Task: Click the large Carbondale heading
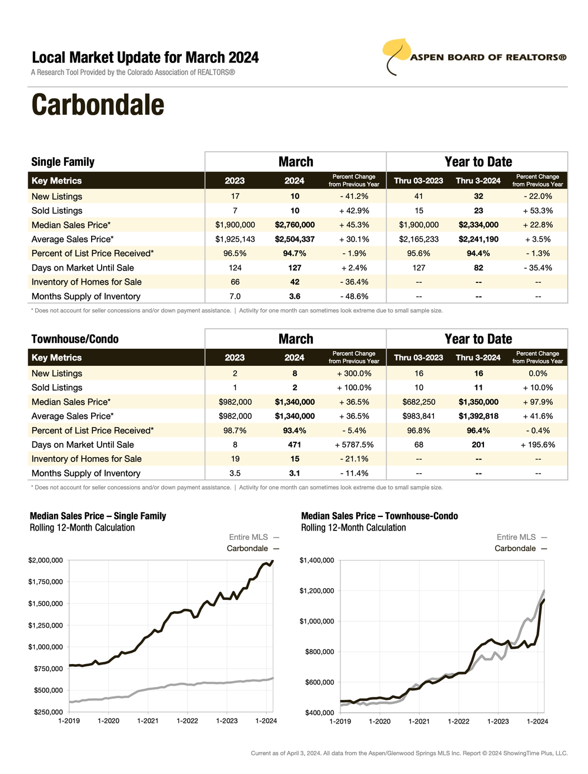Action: tap(98, 105)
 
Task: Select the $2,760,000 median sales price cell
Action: tap(295, 225)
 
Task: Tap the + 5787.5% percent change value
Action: tap(354, 445)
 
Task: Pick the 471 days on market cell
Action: tap(295, 445)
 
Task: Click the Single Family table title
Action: tap(63, 162)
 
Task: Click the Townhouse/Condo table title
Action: tap(75, 339)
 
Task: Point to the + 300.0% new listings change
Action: tap(354, 373)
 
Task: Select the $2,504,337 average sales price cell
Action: tap(295, 239)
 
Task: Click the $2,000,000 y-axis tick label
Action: tap(45, 561)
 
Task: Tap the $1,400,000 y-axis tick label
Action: tap(317, 561)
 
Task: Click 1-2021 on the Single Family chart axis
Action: tap(148, 720)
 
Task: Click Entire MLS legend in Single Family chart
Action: tap(248, 537)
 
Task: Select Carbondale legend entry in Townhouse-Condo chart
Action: tap(515, 548)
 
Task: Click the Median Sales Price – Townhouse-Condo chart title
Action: tap(379, 516)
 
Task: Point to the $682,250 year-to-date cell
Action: tap(419, 402)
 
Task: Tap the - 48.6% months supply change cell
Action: tap(354, 296)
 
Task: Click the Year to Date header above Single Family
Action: tap(478, 162)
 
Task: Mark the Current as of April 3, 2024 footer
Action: tap(409, 753)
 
